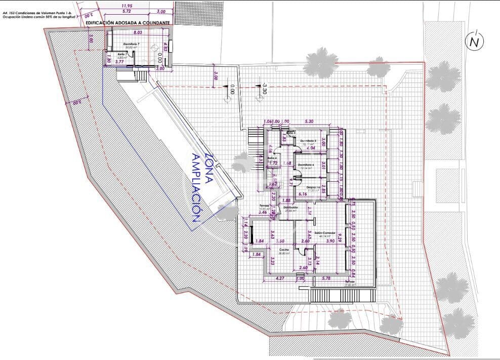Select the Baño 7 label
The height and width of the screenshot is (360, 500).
pos(121,54)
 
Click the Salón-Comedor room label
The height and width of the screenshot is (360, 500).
pos(325,233)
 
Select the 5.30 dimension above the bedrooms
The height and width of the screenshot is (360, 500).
pos(310,122)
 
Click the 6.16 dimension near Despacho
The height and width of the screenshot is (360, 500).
pos(304,194)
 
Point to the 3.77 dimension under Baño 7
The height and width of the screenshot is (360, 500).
pos(119,62)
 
